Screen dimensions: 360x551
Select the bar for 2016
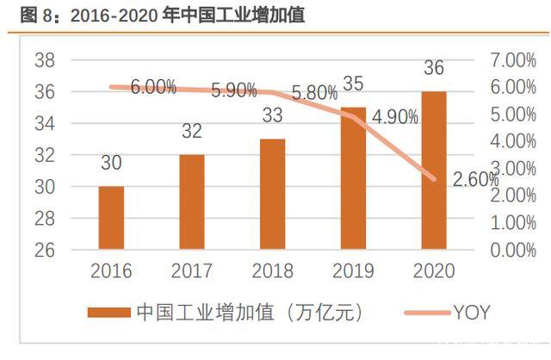(111, 218)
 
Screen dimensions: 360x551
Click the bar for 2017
(191, 202)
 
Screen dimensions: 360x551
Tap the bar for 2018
(272, 195)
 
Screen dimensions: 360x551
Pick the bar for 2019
(353, 178)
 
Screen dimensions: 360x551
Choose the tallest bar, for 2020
(434, 171)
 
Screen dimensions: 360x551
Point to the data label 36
(434, 69)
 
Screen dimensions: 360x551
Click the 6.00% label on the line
(154, 88)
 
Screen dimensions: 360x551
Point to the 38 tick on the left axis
(45, 60)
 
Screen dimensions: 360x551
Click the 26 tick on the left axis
(45, 250)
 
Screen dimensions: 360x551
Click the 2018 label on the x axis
(272, 271)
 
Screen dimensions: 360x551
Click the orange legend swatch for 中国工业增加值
(108, 313)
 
